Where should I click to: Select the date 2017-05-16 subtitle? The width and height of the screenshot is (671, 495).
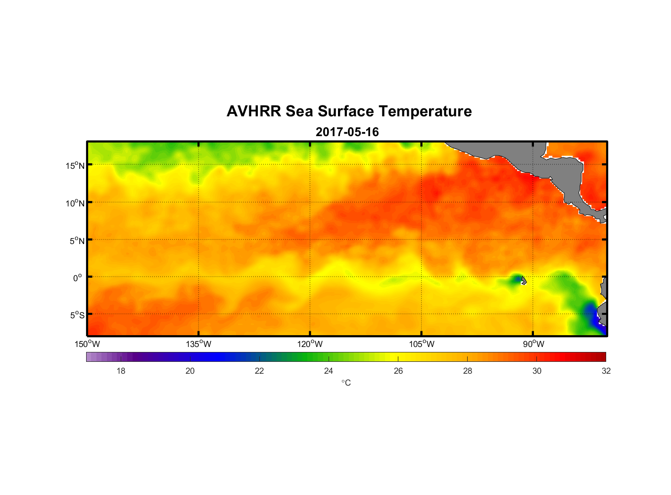347,132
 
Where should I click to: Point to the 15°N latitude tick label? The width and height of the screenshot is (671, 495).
75,165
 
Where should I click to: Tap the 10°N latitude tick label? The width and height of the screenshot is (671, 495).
75,203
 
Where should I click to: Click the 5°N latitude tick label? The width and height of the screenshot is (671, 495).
77,241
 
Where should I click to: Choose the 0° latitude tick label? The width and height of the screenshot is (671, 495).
78,278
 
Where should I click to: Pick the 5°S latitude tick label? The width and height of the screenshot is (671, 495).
77,315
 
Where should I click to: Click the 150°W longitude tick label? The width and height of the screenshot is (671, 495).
88,344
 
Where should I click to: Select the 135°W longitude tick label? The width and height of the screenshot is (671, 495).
199,344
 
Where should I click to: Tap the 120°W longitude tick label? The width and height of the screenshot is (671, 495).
310,344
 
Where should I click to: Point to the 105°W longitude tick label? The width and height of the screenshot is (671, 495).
422,344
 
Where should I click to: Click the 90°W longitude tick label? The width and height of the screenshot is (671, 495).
533,344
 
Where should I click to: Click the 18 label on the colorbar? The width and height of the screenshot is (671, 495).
121,371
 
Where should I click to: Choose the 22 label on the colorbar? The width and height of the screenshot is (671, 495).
259,371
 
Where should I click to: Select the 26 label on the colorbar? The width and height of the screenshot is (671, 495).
398,371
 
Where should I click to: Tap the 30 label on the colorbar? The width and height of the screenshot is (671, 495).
537,371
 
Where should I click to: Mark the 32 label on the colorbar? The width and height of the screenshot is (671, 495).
606,371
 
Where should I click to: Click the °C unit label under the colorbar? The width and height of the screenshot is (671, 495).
346,383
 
